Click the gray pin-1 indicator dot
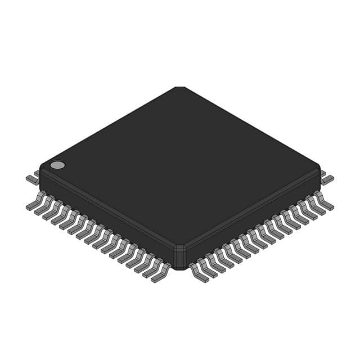coord(57,165)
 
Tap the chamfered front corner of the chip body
coord(179,256)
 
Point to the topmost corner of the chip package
coord(179,88)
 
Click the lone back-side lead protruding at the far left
coord(33,178)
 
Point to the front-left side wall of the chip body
coord(107,217)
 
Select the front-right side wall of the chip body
coord(253,217)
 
